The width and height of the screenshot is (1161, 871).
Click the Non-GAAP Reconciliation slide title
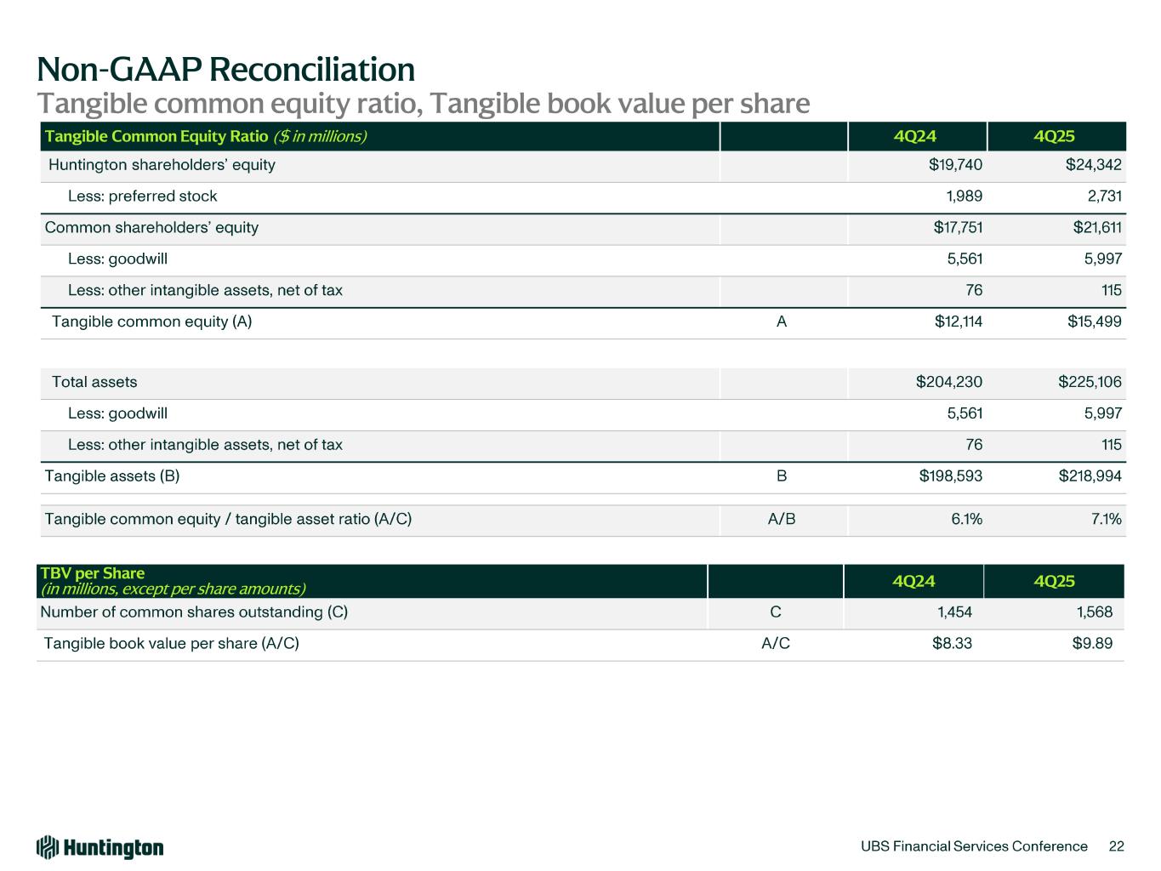coord(225,69)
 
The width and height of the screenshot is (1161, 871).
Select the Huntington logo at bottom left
coord(100,847)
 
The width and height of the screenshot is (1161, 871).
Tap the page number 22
coord(1117,846)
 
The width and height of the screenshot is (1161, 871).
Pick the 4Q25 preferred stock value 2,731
coord(1102,196)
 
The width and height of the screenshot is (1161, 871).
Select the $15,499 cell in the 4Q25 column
coord(1094,322)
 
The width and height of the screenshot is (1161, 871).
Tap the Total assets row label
coord(94,382)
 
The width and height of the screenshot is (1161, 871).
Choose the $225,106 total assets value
coord(1090,382)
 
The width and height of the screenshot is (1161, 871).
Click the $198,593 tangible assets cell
coord(950,476)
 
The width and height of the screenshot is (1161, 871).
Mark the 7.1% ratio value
coord(1106,519)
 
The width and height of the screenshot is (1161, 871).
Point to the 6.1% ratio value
coord(966,519)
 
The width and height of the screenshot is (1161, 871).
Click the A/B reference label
coord(781,519)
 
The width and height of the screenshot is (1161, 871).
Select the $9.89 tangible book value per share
coord(1092,644)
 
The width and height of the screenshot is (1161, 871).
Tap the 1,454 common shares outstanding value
coord(954,612)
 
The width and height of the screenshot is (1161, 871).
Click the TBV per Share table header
coord(94,573)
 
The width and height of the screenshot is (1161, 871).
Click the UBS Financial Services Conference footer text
coord(974,846)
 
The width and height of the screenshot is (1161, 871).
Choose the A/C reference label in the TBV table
coord(775,644)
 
